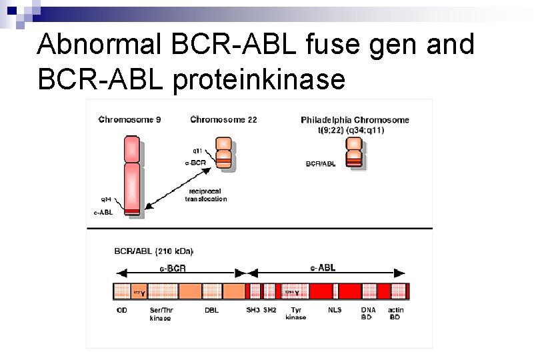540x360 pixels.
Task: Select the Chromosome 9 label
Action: click(x=129, y=120)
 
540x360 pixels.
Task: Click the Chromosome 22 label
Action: click(x=223, y=120)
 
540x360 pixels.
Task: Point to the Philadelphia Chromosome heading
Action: click(x=355, y=120)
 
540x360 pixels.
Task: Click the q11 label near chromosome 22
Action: click(x=199, y=151)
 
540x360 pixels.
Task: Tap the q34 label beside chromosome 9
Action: click(x=106, y=199)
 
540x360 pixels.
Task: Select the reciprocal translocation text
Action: click(x=206, y=195)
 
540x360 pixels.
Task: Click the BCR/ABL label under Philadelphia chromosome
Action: click(x=320, y=163)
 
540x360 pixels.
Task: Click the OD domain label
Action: click(x=122, y=310)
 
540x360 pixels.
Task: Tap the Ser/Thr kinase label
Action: click(x=160, y=314)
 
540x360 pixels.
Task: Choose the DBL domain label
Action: click(x=212, y=310)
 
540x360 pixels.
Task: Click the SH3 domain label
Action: click(x=253, y=310)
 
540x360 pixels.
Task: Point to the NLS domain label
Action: click(x=335, y=310)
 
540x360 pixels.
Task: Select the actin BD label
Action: click(x=395, y=313)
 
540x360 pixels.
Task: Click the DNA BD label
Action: click(x=368, y=313)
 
